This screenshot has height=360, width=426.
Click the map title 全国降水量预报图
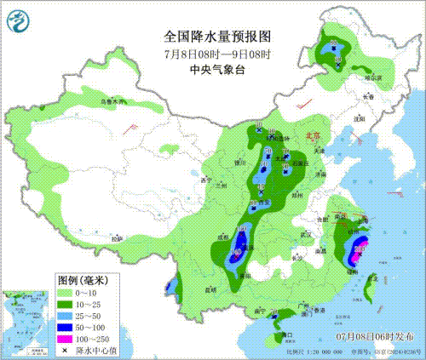tap(216, 37)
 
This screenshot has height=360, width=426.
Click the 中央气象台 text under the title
tap(216, 70)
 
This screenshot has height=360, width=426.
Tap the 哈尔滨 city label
tap(374, 77)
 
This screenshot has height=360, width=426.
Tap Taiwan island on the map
tap(369, 291)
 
